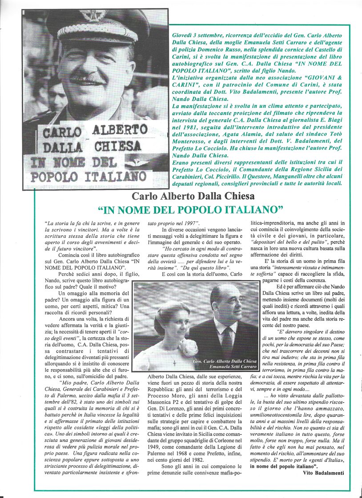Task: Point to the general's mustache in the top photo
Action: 87,79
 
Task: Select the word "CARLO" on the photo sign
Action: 62,133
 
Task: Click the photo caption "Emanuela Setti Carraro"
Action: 232,366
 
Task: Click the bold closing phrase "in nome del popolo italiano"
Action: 283,466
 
